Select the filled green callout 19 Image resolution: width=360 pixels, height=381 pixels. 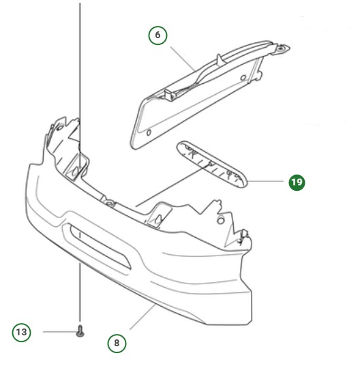coord(297,182)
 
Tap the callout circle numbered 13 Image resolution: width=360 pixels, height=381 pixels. coord(22,332)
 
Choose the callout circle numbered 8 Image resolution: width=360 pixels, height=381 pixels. coord(117,343)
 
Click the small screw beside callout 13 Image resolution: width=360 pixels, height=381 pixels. coord(80,332)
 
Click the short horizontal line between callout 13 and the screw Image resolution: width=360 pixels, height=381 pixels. coord(58,332)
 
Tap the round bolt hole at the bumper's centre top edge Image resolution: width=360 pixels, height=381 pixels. coord(108,202)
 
